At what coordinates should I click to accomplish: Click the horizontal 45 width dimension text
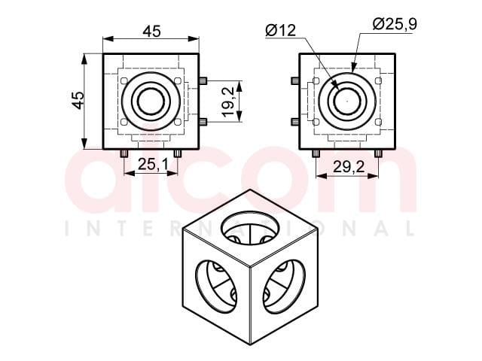[151, 32]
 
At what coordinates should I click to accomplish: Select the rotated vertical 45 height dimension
[78, 100]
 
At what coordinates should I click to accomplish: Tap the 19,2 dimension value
[229, 102]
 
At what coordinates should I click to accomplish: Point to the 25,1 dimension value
[153, 165]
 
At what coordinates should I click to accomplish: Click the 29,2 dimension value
[348, 167]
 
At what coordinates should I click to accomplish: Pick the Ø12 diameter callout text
[281, 30]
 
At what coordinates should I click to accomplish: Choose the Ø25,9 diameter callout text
[395, 24]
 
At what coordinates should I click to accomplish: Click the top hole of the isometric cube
[250, 228]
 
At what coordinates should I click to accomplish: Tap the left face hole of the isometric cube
[217, 287]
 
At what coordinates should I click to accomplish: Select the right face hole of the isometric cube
[283, 287]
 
